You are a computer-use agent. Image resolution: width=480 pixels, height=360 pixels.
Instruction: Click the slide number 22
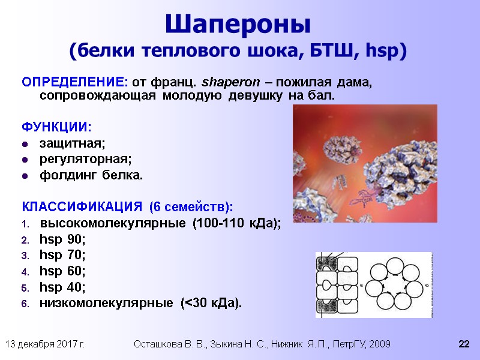tap(463, 344)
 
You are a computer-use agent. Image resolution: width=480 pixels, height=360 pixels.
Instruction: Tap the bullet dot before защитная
tap(25, 145)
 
